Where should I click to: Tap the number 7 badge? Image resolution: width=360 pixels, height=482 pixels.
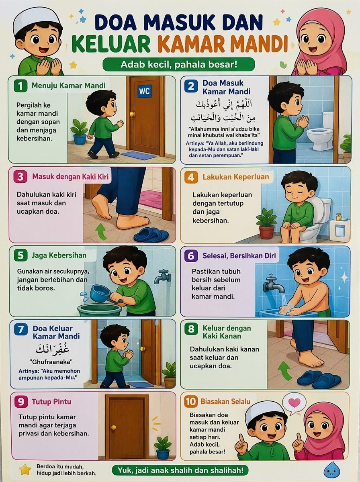point(21,330)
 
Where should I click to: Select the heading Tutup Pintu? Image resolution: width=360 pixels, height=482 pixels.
point(51,402)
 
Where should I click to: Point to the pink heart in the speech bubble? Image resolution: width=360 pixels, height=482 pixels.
point(295,402)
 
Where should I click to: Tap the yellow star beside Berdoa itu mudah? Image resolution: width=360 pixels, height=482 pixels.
point(25,470)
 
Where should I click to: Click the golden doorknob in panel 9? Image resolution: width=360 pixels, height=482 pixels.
point(114,427)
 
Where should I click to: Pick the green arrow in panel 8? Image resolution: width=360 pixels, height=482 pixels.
point(284,371)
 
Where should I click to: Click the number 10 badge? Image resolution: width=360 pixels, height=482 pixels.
point(191,401)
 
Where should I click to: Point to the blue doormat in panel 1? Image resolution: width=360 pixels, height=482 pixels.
point(139,155)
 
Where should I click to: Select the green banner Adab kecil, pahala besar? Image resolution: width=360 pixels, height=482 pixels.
point(179,64)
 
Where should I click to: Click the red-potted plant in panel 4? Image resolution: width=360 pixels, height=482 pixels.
point(266,223)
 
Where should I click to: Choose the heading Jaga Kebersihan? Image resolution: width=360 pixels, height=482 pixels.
point(59,255)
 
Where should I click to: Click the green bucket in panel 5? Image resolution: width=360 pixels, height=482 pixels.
point(100,309)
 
